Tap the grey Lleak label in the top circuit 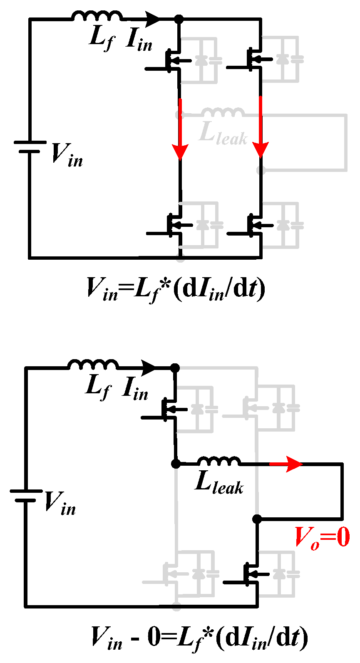[x=223, y=133]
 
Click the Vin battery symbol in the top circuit [x=30, y=147]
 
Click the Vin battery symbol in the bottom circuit [x=25, y=495]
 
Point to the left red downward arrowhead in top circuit [x=180, y=151]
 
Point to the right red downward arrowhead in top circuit [x=261, y=151]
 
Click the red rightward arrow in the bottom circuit [x=291, y=464]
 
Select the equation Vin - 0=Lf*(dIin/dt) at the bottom [x=200, y=638]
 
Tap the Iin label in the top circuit [x=139, y=40]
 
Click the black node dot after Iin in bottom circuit [x=175, y=368]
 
